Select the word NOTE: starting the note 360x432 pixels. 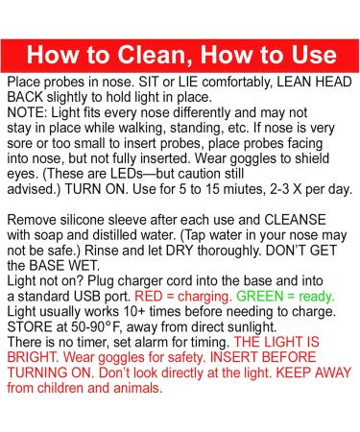point(27,112)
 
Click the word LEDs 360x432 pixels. point(127,174)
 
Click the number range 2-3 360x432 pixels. point(280,189)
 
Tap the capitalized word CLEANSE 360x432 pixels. point(295,220)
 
